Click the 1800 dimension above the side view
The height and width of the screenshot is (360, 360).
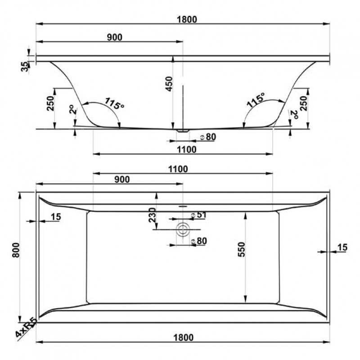[x=187, y=19]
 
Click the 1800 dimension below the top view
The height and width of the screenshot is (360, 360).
[x=183, y=338]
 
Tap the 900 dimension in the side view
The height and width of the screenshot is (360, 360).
[x=115, y=37]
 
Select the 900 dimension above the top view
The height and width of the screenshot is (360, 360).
[x=122, y=179]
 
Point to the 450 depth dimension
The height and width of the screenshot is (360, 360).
[x=169, y=84]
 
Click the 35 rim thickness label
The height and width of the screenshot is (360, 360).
[x=25, y=67]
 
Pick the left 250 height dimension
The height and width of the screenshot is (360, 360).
[x=50, y=103]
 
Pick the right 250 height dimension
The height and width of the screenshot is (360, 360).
[x=303, y=103]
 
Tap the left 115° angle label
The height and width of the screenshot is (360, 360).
[x=114, y=103]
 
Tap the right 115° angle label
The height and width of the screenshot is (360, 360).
[x=256, y=99]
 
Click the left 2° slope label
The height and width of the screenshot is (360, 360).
[x=72, y=109]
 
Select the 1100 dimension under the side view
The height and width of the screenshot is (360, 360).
[x=187, y=150]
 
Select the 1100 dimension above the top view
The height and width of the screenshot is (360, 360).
[x=178, y=169]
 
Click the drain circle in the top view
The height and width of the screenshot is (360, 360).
[x=183, y=229]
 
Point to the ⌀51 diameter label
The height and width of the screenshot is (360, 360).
[x=199, y=215]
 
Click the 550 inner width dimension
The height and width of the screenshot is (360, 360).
[x=241, y=249]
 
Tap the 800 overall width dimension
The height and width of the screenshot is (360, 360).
[x=16, y=250]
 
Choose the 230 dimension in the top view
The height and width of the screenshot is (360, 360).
[x=152, y=215]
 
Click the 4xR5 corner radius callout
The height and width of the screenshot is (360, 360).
[x=26, y=327]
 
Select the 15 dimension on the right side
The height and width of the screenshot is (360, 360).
[x=342, y=247]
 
